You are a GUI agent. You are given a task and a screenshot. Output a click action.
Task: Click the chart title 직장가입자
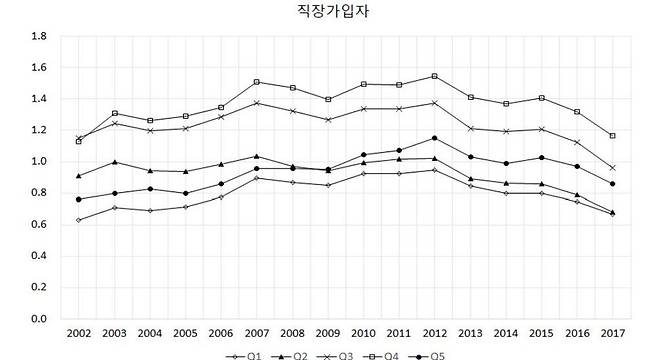328,12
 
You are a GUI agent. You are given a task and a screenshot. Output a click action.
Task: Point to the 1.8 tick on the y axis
41,36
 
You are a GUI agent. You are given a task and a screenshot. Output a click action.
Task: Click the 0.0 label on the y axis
41,319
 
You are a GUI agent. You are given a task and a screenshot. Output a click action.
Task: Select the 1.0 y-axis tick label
41,162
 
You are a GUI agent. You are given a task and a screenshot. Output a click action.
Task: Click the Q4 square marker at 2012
434,76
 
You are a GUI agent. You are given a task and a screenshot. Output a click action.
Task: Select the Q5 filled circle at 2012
434,138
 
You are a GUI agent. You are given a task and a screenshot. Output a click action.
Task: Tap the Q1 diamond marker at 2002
78,220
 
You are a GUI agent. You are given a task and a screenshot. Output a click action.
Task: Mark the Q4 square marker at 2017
612,135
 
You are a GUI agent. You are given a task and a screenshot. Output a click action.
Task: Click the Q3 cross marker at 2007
256,103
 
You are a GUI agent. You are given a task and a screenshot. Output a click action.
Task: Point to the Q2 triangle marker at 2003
114,162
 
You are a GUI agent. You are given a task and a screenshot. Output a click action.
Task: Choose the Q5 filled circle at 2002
78,200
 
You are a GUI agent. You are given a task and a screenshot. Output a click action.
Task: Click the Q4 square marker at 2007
256,82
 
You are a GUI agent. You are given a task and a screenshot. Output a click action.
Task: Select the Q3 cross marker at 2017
612,168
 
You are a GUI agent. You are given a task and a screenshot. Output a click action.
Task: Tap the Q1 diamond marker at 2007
256,178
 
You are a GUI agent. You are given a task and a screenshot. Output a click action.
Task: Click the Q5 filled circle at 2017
612,184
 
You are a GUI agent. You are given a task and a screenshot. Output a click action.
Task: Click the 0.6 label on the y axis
41,225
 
